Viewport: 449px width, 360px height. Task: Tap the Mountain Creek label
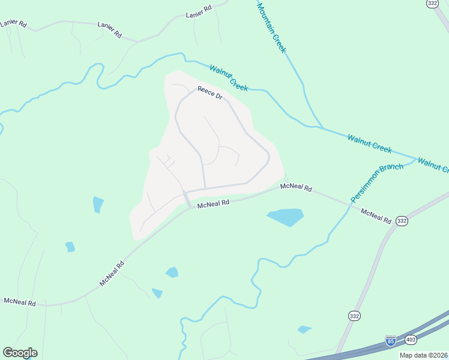(x=271, y=28)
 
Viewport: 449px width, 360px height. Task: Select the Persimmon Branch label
(x=377, y=181)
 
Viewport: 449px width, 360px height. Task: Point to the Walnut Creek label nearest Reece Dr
(x=228, y=78)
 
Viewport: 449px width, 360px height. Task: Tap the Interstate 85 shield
(x=391, y=341)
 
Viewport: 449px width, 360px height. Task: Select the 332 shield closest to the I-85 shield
(x=355, y=315)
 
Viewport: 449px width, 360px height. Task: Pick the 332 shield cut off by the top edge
(x=432, y=4)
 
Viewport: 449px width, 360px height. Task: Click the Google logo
(x=20, y=353)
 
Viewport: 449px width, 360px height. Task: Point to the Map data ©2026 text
(x=424, y=355)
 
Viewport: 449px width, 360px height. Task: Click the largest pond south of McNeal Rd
(x=286, y=217)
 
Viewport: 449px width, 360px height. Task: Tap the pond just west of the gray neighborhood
(x=98, y=205)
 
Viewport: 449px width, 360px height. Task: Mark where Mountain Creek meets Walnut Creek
(x=322, y=128)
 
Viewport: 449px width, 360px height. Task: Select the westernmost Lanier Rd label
(x=13, y=23)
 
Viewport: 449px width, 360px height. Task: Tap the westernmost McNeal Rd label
(x=19, y=301)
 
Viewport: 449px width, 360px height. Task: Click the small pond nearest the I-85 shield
(x=304, y=329)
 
